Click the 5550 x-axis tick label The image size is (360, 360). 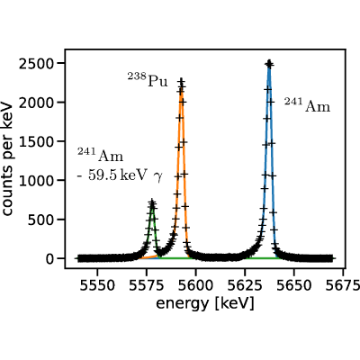pos(97,285)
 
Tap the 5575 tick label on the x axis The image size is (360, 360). pos(147,285)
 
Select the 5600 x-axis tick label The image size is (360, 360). pos(195,285)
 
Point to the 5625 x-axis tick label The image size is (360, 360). pos(245,285)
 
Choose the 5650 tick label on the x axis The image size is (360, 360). pos(294,285)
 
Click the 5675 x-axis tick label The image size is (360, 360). pos(343,285)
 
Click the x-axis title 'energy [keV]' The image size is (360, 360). pos(205,303)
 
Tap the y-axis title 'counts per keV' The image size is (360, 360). pos(7,159)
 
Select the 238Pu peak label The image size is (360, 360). pos(148,80)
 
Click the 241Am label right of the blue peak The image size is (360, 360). pos(307,105)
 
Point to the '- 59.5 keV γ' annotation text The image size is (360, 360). pos(120,175)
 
